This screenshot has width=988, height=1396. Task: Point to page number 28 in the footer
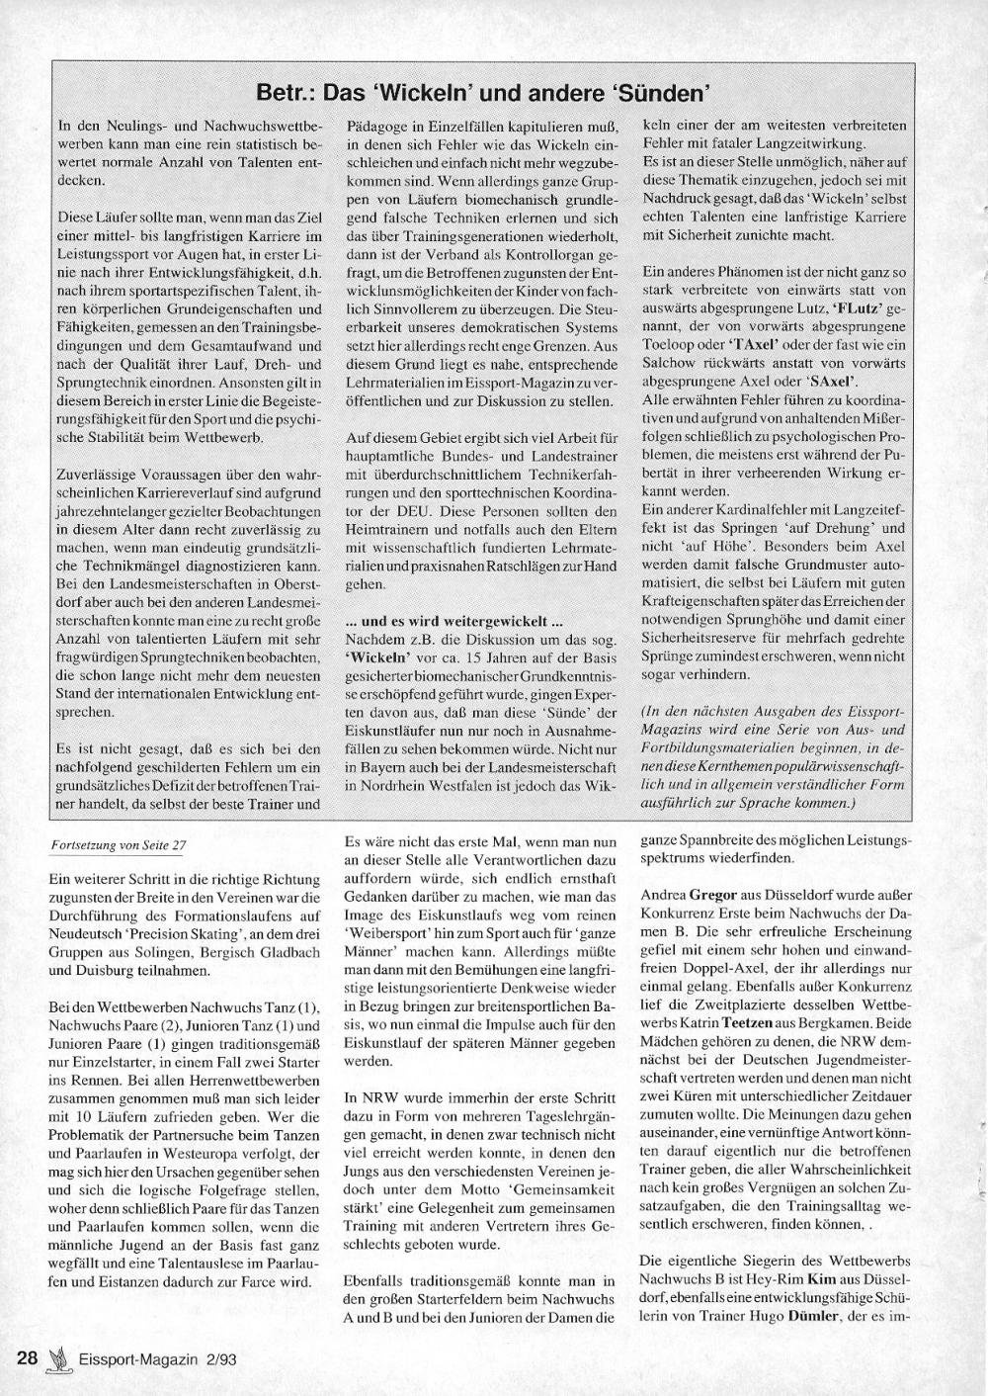click(x=28, y=1357)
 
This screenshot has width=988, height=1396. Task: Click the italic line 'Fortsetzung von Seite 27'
click(x=118, y=846)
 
